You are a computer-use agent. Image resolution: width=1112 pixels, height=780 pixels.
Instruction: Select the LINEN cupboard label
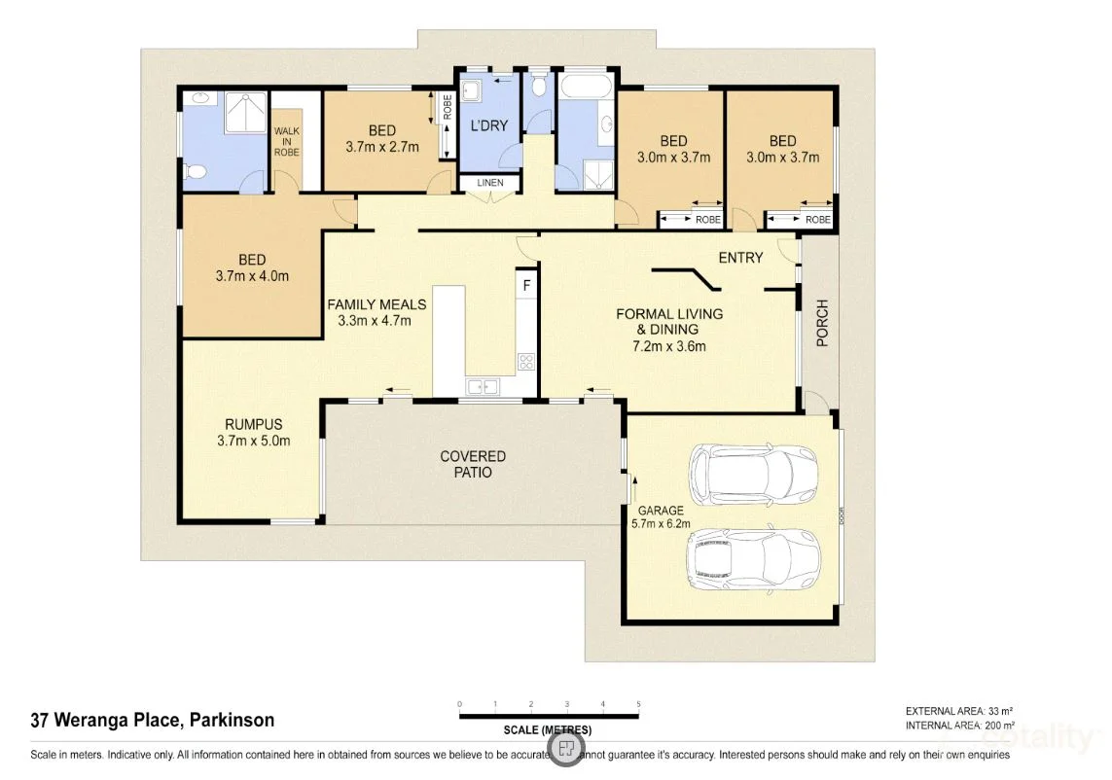(489, 183)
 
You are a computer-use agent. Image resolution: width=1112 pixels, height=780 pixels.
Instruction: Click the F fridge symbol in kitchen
(526, 285)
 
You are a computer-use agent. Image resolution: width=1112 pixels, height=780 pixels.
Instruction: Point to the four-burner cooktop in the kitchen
(526, 362)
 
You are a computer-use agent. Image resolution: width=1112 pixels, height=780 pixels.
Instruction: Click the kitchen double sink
(483, 387)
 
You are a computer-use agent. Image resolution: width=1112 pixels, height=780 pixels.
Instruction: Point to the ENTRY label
(740, 258)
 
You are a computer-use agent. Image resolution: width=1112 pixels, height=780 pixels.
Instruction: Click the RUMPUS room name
(253, 424)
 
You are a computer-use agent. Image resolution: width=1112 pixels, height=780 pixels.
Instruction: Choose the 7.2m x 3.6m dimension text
(668, 345)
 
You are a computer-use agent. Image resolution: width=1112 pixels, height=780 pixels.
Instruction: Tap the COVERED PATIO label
(473, 464)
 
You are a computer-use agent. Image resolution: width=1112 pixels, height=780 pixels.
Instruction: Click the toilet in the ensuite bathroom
(195, 173)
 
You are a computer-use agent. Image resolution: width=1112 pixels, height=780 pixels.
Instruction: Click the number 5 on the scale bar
(638, 703)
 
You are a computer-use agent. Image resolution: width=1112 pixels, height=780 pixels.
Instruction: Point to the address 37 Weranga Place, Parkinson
(153, 721)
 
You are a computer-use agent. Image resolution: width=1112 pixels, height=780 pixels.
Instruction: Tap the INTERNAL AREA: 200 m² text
(959, 726)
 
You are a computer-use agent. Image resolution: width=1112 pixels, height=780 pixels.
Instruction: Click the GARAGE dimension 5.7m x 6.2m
(661, 525)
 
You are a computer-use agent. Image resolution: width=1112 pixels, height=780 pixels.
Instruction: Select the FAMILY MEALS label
(376, 304)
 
